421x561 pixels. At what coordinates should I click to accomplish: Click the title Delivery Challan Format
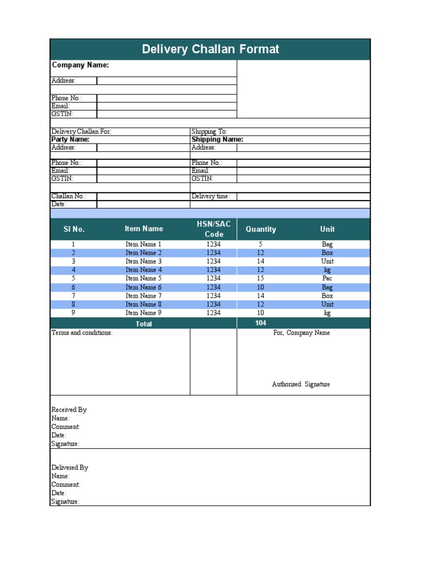(210, 49)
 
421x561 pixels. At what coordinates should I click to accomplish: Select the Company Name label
(80, 65)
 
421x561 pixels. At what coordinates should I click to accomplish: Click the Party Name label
(70, 140)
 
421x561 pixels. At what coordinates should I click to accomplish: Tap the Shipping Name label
(217, 140)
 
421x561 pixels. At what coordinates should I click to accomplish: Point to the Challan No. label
(69, 196)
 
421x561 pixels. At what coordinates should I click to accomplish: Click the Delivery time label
(210, 196)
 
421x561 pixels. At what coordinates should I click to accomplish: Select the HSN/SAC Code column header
(214, 229)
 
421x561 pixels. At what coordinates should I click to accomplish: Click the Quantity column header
(261, 229)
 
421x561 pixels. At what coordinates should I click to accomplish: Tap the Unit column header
(327, 229)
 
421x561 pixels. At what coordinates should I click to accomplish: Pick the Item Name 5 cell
(144, 278)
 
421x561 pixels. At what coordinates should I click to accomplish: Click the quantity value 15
(261, 278)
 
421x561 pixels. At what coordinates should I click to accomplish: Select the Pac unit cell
(327, 278)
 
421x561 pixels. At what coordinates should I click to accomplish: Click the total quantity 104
(261, 323)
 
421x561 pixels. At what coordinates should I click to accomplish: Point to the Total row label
(144, 324)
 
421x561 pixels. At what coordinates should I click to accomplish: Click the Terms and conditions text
(82, 333)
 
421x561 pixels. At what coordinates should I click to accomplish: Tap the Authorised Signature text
(301, 385)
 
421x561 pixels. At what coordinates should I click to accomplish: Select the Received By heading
(69, 410)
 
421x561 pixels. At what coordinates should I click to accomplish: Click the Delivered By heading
(70, 468)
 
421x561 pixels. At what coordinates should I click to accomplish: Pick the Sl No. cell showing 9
(73, 313)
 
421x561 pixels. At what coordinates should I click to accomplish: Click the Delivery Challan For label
(81, 132)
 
